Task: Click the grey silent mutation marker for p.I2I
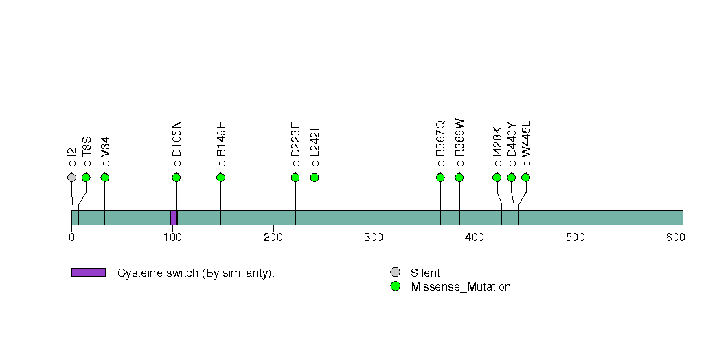click(71, 177)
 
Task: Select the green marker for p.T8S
click(86, 177)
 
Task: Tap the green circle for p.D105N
click(176, 177)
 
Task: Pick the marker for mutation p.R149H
click(221, 177)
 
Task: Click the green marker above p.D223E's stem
click(295, 177)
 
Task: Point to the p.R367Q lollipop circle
click(440, 177)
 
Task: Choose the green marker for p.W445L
click(526, 177)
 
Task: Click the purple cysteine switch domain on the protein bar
click(174, 217)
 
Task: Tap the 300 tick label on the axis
click(374, 237)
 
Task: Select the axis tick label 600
click(676, 237)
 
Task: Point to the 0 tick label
click(71, 237)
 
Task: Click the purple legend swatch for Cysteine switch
click(88, 273)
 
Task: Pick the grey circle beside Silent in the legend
click(395, 273)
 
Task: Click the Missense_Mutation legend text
click(461, 287)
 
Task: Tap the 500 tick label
click(575, 237)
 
